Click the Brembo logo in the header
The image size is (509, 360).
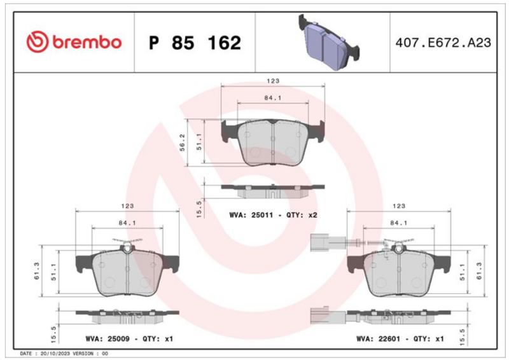click(x=74, y=42)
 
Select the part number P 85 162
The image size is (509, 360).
click(x=195, y=43)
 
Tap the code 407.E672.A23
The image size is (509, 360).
click(x=443, y=43)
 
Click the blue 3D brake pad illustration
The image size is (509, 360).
click(x=328, y=42)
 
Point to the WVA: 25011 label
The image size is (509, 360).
click(x=251, y=215)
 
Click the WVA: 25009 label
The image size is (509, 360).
click(x=108, y=339)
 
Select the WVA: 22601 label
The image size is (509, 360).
click(x=378, y=339)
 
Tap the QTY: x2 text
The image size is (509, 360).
click(x=302, y=215)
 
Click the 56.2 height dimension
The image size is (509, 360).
click(x=183, y=142)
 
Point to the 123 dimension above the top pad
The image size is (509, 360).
click(x=273, y=81)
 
